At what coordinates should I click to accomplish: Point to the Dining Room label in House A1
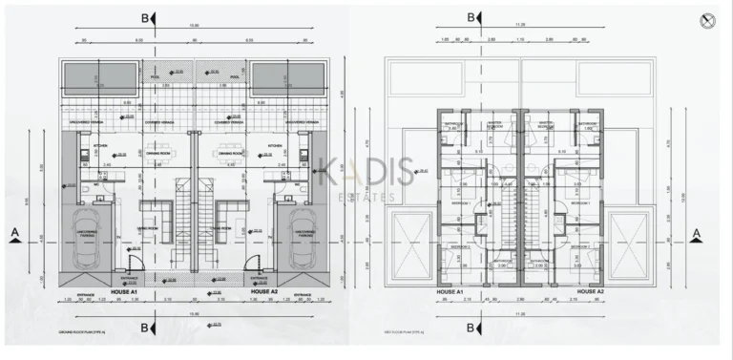point(158,152)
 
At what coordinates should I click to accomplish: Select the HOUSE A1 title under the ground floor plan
point(125,290)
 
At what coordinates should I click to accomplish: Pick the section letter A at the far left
point(13,232)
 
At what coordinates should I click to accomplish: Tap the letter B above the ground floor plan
point(144,17)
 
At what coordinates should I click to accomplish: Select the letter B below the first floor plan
point(471,328)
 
